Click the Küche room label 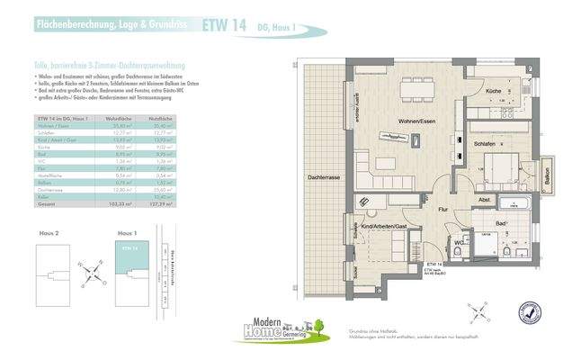tap(493, 93)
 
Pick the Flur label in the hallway tap(442, 209)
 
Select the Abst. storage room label tap(484, 200)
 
